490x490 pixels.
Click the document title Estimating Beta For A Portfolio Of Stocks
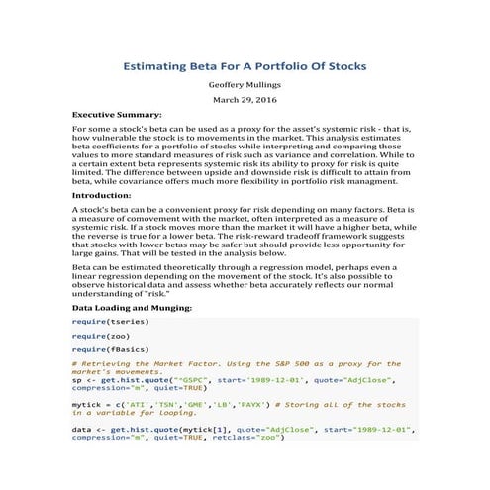(245, 66)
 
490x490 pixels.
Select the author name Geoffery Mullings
(245, 86)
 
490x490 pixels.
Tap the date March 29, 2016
(245, 101)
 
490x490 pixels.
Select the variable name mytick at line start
(86, 404)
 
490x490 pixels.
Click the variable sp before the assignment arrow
(77, 378)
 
